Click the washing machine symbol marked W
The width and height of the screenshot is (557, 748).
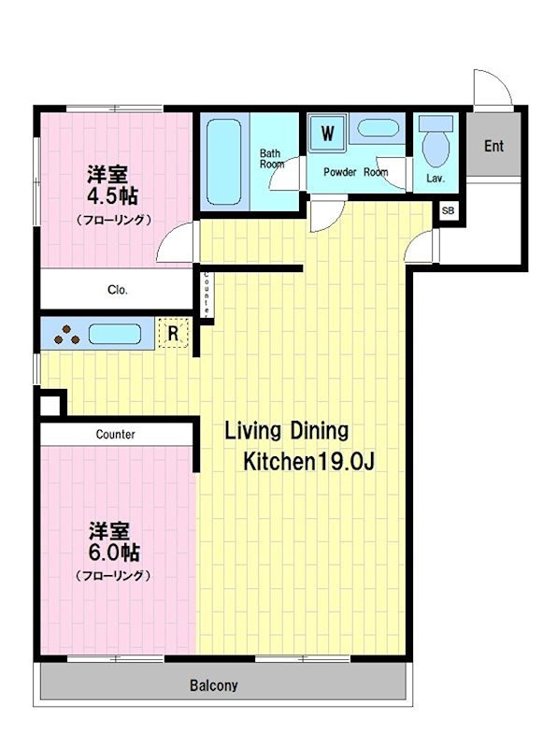[328, 133]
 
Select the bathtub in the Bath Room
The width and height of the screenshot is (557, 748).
[224, 160]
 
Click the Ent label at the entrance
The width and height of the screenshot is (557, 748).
[493, 146]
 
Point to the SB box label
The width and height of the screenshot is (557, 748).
[448, 211]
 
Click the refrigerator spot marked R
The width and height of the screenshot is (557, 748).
[173, 333]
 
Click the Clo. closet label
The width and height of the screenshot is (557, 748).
[117, 290]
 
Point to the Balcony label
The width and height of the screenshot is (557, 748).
[214, 685]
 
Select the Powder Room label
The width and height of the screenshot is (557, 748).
[355, 173]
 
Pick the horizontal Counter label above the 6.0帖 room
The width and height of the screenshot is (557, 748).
[115, 435]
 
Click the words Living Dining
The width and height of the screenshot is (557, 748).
[286, 431]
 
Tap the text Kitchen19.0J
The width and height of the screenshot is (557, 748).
[309, 462]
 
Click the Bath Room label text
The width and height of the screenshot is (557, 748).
[271, 158]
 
